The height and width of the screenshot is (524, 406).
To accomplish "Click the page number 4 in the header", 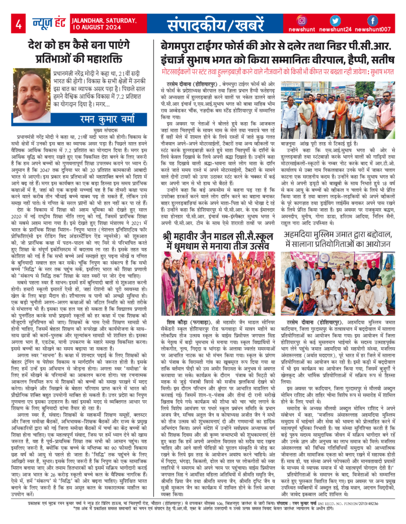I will [19, 24].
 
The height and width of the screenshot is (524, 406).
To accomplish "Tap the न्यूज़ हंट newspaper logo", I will [49, 23].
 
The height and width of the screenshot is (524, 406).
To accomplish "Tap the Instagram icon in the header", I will [302, 20].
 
